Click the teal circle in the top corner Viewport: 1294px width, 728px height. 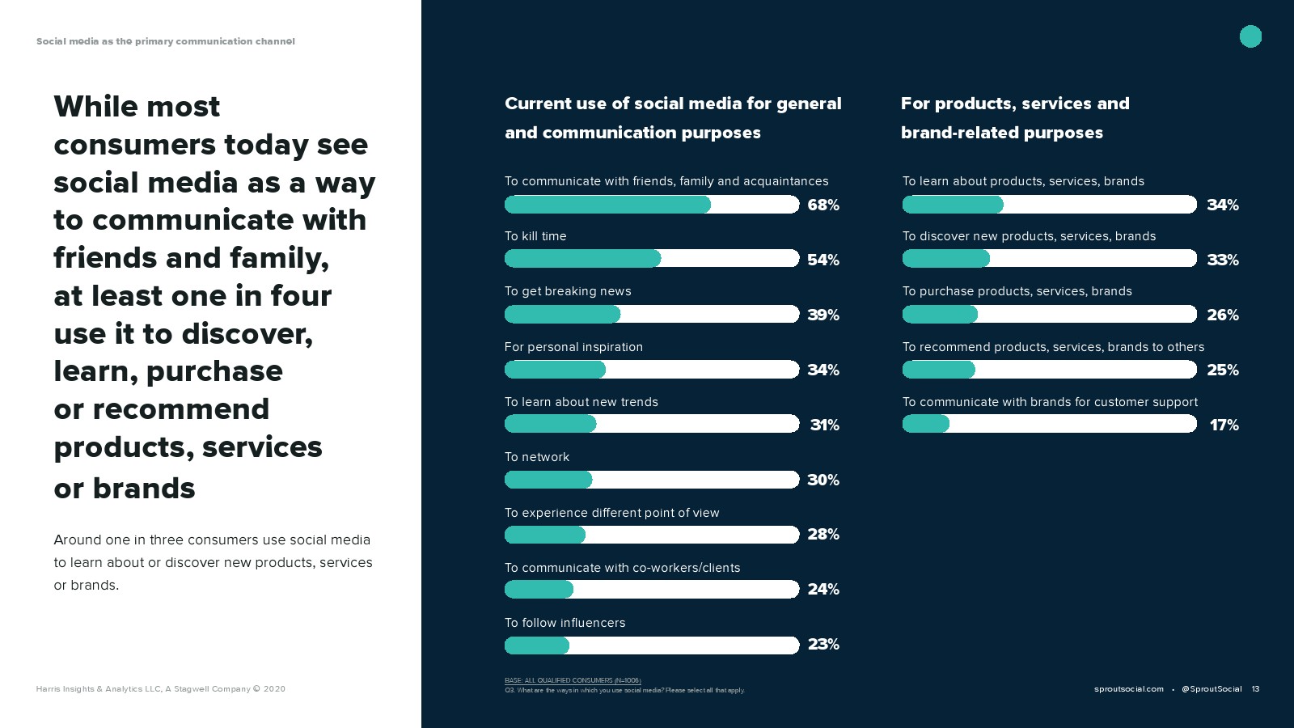1250,36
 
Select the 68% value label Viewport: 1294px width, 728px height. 823,205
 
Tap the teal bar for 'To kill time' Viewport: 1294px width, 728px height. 582,259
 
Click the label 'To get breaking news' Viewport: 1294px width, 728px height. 568,291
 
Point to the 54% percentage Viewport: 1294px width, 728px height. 823,260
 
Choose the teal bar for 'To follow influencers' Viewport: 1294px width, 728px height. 537,645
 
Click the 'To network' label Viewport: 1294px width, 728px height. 537,457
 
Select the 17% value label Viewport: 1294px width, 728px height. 1224,425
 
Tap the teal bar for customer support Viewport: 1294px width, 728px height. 926,424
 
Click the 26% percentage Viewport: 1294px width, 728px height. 1223,315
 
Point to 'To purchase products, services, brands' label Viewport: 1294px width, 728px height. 1017,291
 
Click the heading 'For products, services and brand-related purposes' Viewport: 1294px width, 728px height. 1015,118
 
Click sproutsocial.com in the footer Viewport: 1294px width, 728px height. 1128,689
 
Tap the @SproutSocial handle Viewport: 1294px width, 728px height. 1211,689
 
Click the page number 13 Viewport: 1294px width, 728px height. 1255,689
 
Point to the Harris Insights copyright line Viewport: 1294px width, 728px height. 160,689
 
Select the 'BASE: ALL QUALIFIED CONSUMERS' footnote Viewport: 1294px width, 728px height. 573,680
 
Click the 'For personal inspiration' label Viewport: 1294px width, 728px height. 573,347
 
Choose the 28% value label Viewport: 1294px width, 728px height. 823,535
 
